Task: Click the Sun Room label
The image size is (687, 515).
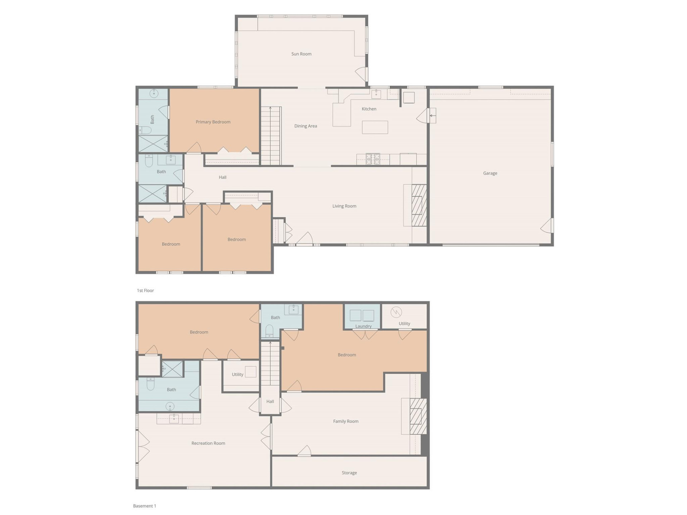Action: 301,54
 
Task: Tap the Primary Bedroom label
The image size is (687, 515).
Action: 213,122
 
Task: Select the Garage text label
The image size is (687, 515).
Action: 490,173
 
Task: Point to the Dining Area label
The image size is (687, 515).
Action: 306,126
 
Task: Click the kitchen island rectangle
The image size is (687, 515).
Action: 375,127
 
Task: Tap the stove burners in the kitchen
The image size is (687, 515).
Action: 372,159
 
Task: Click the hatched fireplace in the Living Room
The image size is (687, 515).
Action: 419,205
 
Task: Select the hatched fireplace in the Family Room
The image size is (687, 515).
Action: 418,416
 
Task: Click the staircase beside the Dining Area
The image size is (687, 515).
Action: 271,136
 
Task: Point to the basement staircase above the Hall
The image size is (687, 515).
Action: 270,363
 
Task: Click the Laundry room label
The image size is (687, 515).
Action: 363,326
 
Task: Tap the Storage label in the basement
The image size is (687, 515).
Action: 349,473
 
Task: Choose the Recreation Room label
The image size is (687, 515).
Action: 208,443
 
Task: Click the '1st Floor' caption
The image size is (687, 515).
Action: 145,290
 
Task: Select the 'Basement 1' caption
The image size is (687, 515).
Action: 145,506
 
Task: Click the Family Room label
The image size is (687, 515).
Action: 346,421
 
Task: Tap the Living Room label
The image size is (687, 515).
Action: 344,206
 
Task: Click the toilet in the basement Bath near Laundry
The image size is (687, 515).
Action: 270,331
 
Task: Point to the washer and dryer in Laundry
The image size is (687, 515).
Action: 362,315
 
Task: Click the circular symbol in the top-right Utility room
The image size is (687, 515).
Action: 396,312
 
